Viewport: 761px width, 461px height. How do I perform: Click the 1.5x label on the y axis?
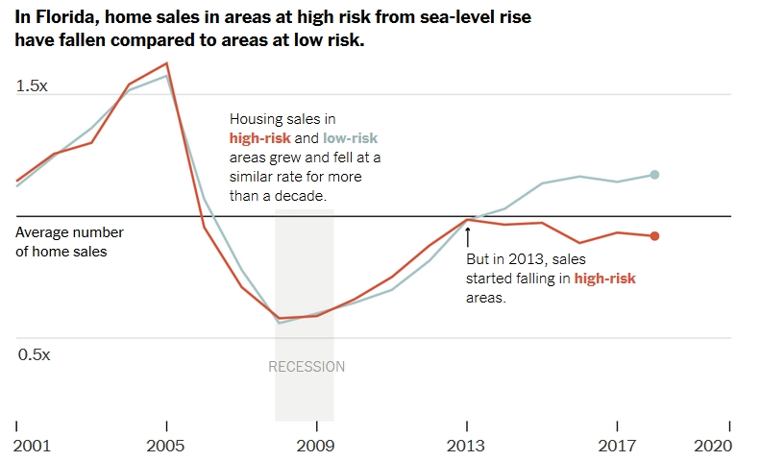pos(32,86)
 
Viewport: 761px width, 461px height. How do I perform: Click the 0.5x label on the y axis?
pos(34,354)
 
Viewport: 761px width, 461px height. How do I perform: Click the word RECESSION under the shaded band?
pos(306,367)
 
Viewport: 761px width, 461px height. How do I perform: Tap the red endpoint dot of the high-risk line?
pos(654,236)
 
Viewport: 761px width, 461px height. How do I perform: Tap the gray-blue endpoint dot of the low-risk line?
pos(654,174)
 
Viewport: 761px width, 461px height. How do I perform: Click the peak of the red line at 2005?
pos(167,63)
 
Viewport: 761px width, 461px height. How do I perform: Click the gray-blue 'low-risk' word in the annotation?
pos(350,138)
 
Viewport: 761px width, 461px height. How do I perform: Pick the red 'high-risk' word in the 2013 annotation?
pos(604,279)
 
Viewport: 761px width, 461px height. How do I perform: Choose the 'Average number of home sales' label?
pos(69,242)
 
